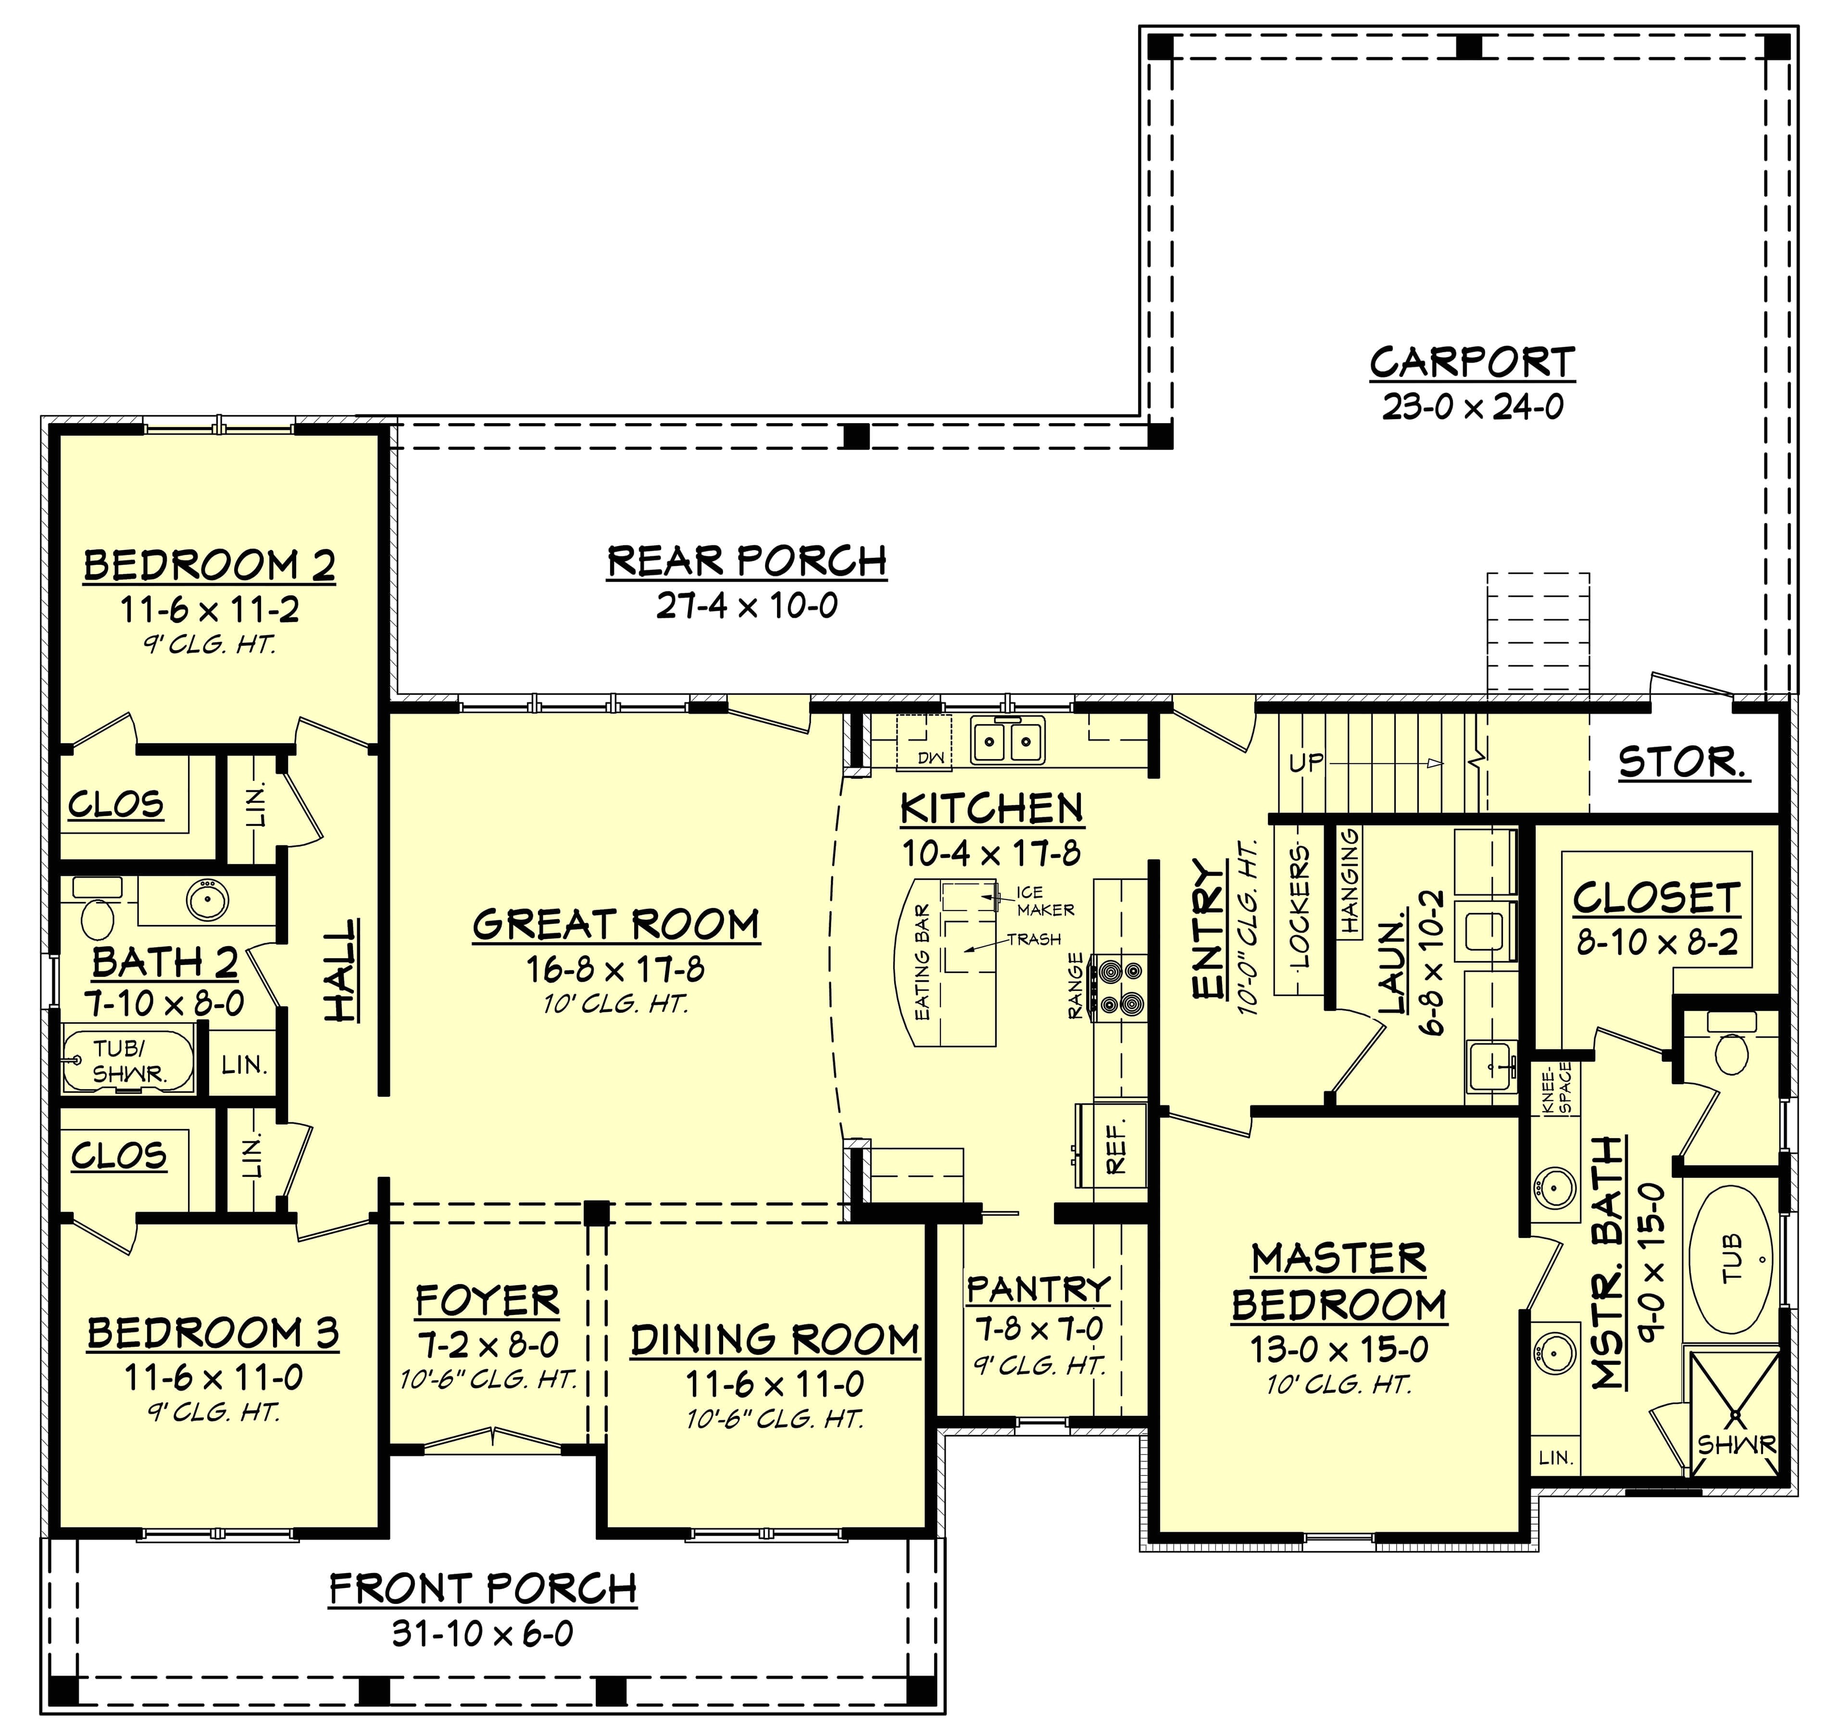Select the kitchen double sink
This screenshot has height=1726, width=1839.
click(x=1007, y=741)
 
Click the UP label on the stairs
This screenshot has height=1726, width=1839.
click(x=1306, y=763)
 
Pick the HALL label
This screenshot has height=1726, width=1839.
click(x=342, y=970)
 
